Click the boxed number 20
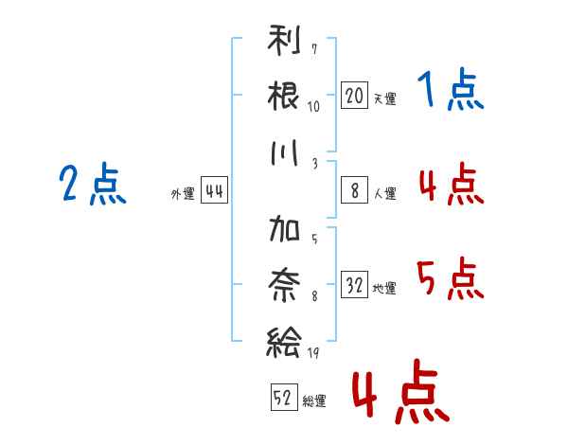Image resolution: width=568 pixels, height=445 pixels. click(x=354, y=96)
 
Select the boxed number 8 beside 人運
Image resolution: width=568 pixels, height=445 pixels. click(x=354, y=191)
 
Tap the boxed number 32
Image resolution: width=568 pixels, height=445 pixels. click(x=354, y=286)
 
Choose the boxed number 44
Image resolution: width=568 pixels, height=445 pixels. click(x=214, y=191)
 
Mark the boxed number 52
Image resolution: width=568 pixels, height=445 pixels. click(x=283, y=398)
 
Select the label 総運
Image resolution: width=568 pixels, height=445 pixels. click(x=314, y=400)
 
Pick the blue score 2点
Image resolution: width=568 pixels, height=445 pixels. click(x=92, y=185)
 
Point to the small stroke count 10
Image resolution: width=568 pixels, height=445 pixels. click(x=314, y=106)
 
